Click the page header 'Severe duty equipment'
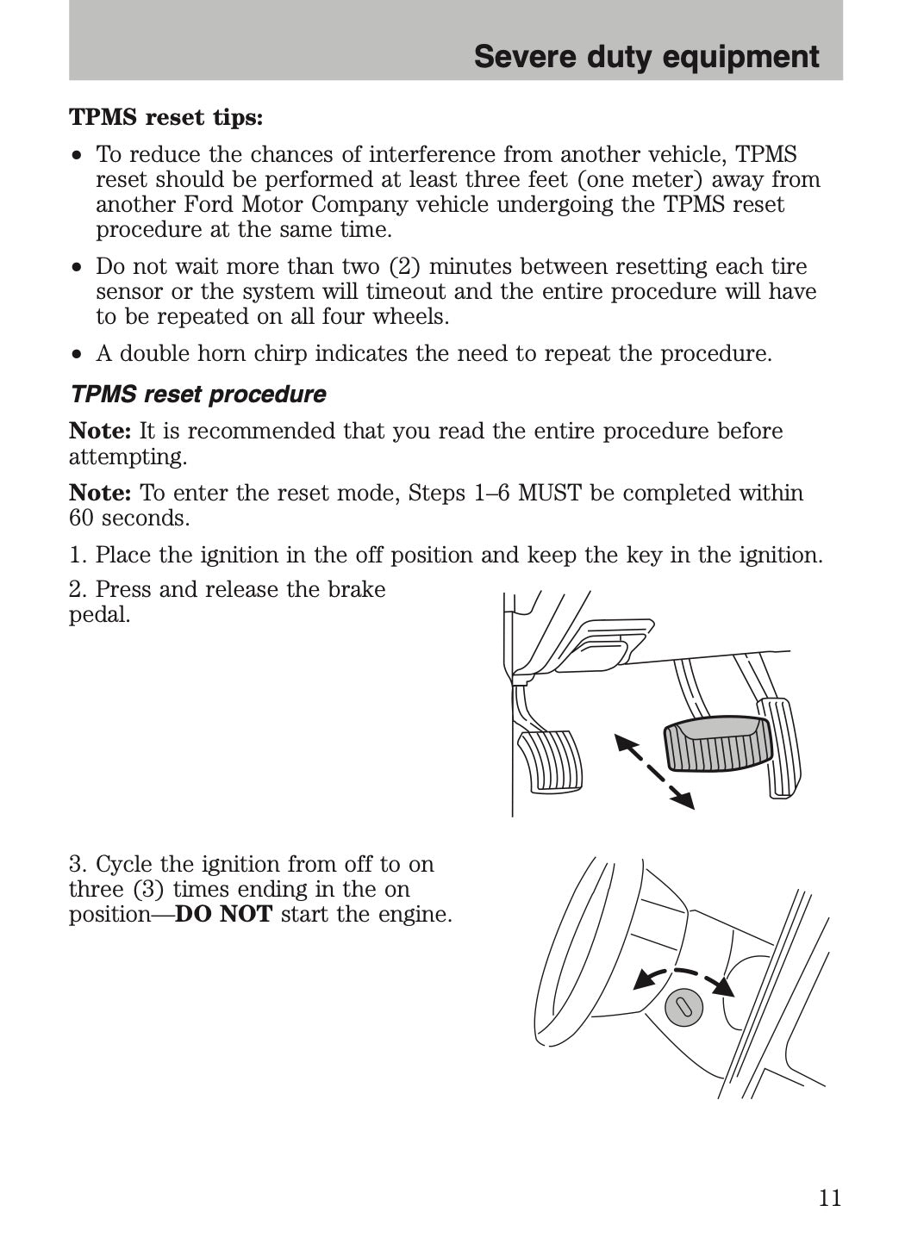pos(646,57)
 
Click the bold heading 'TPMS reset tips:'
pos(165,117)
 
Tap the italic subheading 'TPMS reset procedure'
pos(198,395)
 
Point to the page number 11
pos(829,1198)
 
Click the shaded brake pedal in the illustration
pos(717,743)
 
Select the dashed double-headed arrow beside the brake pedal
pos(654,770)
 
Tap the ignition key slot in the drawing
pos(683,1007)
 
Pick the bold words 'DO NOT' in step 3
pos(223,914)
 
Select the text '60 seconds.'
pos(129,518)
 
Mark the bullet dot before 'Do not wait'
pos(78,267)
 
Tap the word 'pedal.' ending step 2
pos(100,614)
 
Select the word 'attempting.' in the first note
pos(128,456)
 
